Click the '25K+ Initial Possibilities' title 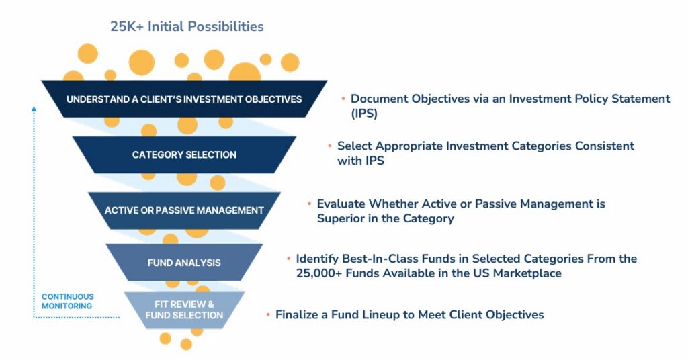[187, 26]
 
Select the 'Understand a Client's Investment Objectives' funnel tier [184, 99]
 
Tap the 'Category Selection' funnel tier [184, 154]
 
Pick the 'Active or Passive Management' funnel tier [184, 210]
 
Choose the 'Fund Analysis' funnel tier [184, 262]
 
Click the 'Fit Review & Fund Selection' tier [184, 310]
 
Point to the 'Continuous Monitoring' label [68, 302]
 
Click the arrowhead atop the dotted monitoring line [34, 109]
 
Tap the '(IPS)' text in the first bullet [364, 114]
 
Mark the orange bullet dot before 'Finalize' [268, 314]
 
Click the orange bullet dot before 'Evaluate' [309, 204]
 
